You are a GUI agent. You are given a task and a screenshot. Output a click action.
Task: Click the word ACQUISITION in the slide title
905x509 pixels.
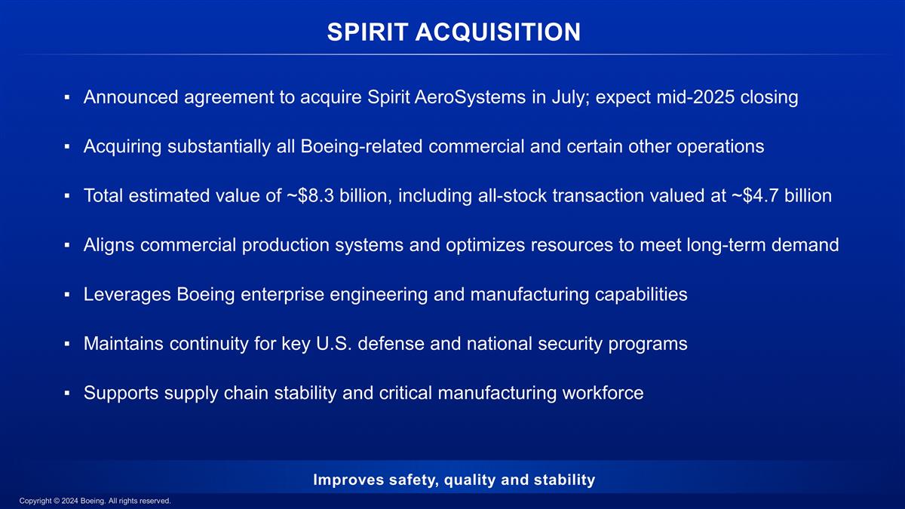(506, 32)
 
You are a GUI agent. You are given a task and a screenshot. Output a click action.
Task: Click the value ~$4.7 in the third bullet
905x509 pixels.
(759, 196)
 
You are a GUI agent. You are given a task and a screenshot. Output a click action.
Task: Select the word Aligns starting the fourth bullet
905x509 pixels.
(108, 245)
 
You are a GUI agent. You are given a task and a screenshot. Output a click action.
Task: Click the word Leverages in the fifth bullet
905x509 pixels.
(127, 294)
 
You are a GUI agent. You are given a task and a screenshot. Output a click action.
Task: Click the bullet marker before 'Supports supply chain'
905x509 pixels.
(67, 394)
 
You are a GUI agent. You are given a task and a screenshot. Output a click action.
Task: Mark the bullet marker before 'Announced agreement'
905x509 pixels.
(67, 98)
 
